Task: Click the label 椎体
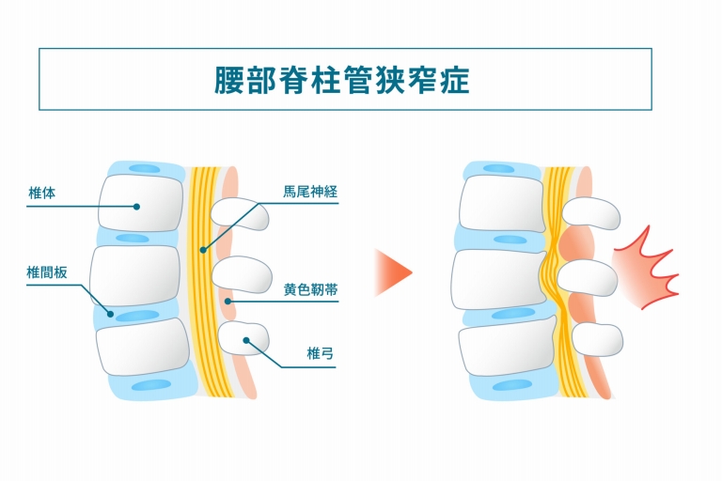coord(42,193)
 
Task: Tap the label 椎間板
coord(46,273)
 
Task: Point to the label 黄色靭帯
coord(310,291)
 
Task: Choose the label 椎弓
coord(321,354)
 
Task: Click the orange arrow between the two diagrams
coord(393,272)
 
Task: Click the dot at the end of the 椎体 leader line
coord(137,206)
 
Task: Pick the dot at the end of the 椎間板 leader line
coord(110,315)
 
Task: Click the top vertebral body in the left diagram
coord(138,203)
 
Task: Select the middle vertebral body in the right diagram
coord(498,278)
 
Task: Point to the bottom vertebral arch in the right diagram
coord(599,339)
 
